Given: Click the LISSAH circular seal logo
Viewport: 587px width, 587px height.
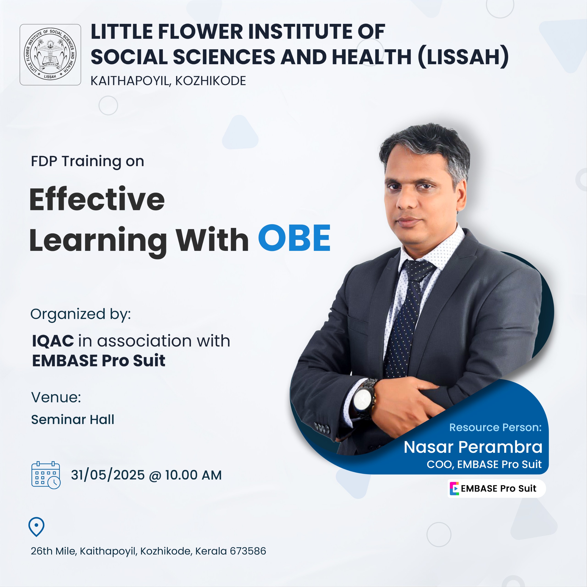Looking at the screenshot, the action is (x=50, y=55).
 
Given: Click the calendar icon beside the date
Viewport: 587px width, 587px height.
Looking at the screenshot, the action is (x=46, y=475).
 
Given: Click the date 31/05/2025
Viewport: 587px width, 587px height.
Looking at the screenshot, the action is (x=108, y=475).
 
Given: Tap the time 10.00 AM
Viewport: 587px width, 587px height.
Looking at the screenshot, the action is (x=193, y=475).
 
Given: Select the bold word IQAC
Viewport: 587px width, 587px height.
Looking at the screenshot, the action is (x=53, y=341).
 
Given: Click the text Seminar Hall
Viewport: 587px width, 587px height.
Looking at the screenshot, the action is (x=73, y=420).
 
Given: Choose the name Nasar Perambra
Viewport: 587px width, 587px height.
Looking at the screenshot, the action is (x=473, y=447).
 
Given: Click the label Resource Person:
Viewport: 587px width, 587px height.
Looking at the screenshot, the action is (x=495, y=427).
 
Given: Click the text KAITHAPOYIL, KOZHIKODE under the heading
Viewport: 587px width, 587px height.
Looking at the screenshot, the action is (x=168, y=81).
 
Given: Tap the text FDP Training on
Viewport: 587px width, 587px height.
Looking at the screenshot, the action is (x=88, y=161).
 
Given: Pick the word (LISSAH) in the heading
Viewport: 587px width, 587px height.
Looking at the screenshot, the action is (x=464, y=56).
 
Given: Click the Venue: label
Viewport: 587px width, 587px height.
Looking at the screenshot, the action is (x=56, y=397).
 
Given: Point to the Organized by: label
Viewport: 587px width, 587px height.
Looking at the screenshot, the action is (x=80, y=314).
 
